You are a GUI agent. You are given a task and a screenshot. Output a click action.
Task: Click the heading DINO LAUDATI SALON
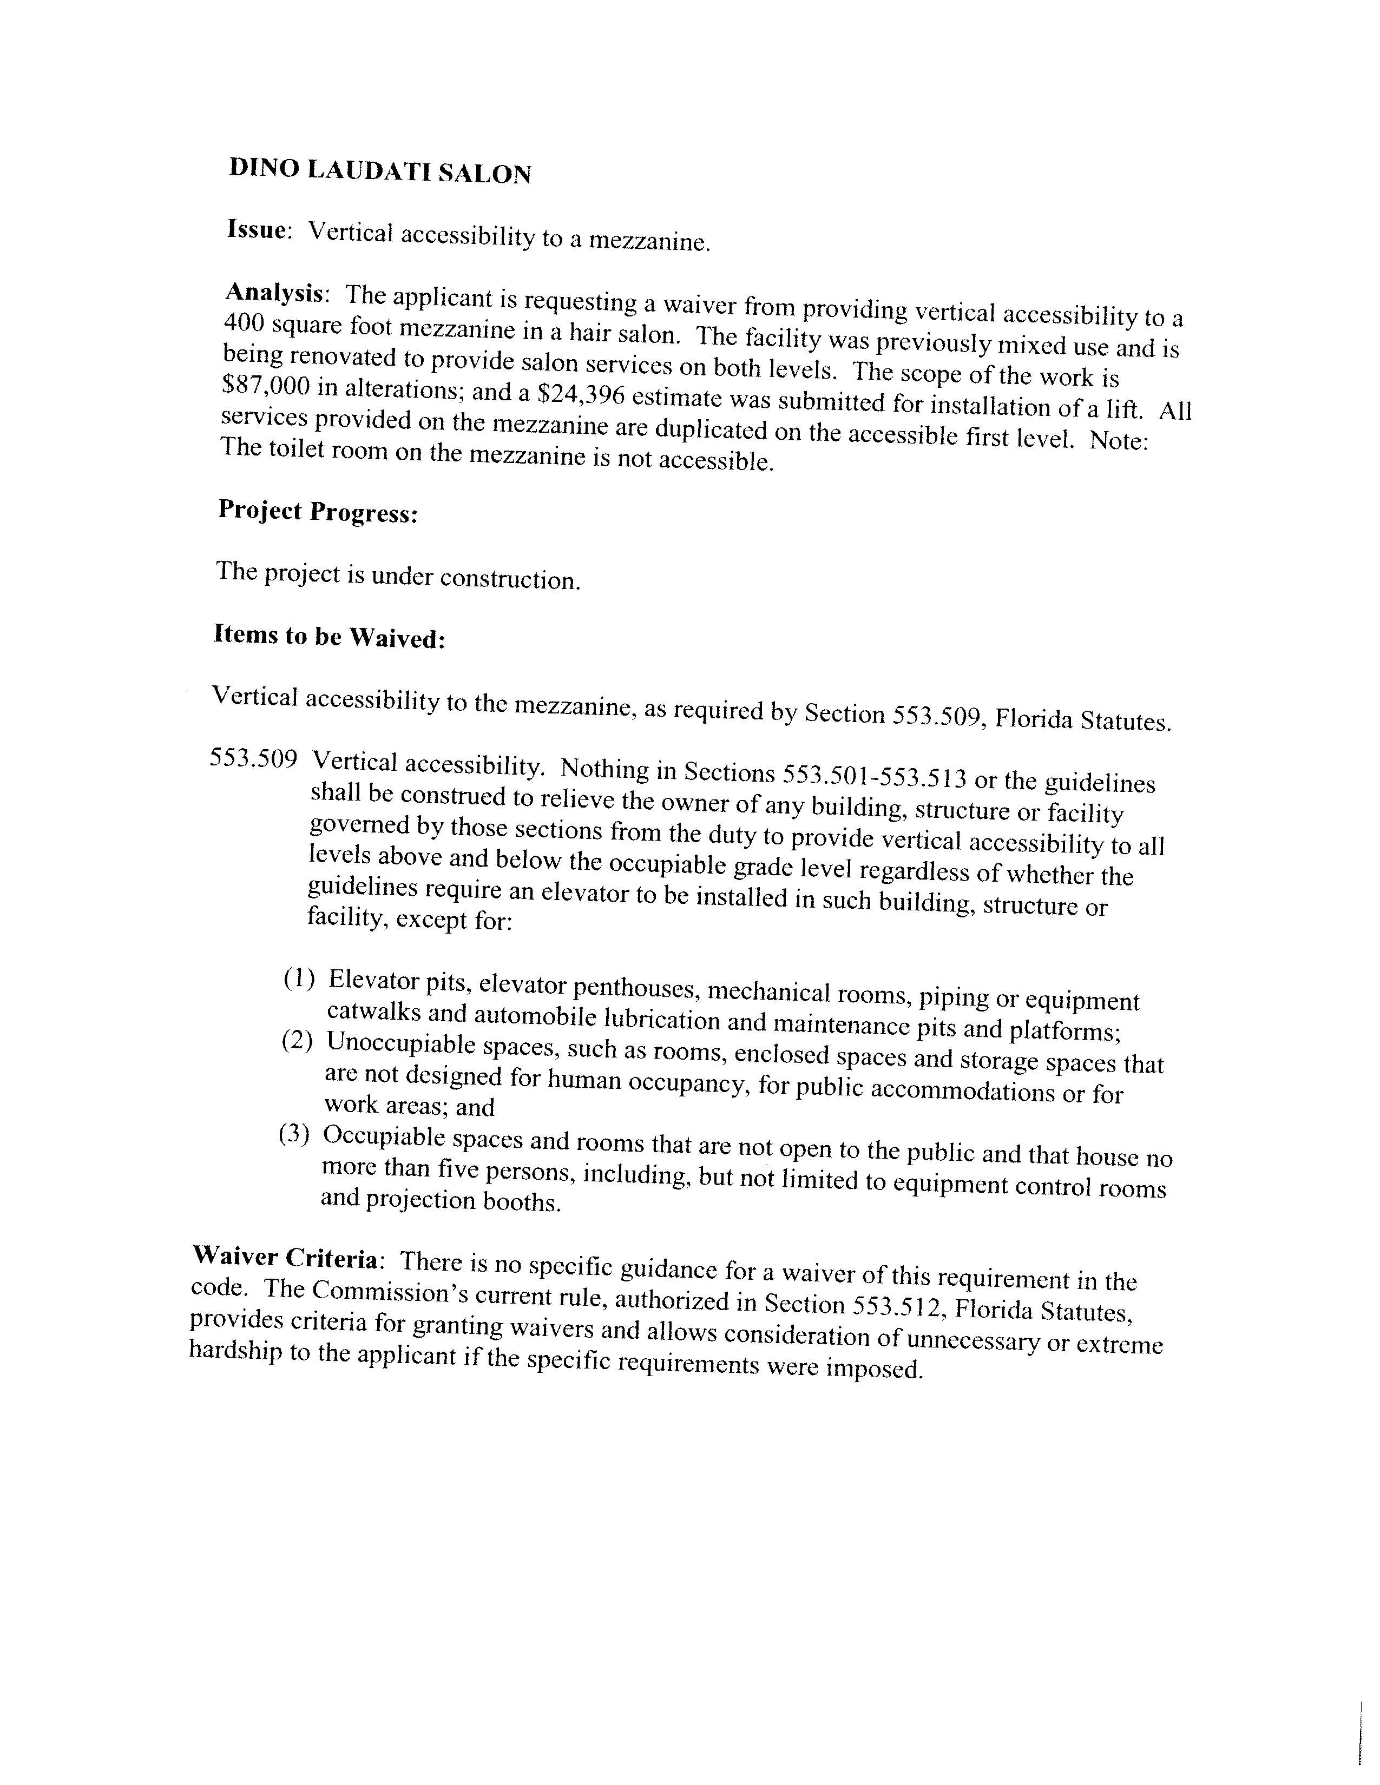point(380,171)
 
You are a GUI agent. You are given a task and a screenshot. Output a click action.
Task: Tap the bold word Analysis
point(275,293)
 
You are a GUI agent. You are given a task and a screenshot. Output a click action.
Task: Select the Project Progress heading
point(318,512)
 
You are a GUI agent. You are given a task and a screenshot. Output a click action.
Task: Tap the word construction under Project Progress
point(510,579)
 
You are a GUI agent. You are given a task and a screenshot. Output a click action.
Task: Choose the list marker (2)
point(298,1040)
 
